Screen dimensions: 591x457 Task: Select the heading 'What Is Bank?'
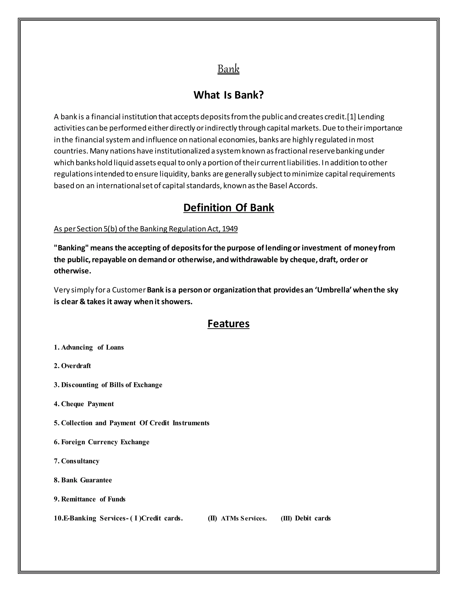click(x=228, y=95)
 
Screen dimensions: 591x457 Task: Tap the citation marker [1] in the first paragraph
click(x=351, y=117)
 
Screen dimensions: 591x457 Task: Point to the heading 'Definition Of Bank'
click(x=228, y=208)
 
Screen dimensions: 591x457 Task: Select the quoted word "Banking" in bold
click(x=71, y=248)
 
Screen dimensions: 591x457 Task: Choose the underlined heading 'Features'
click(x=228, y=324)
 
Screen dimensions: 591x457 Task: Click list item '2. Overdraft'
click(x=72, y=366)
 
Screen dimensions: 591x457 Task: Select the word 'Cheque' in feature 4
click(x=73, y=404)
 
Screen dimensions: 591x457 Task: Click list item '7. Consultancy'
click(x=77, y=461)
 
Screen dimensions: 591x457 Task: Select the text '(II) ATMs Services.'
click(x=237, y=519)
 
